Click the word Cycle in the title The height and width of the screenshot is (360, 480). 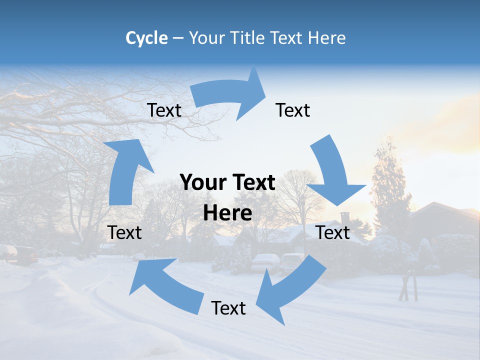tap(146, 38)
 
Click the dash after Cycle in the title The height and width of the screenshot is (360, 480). tap(177, 38)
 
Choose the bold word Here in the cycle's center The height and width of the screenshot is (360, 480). tap(227, 213)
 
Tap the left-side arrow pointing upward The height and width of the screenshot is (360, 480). tap(125, 170)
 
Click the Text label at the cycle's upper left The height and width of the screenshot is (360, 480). tap(164, 110)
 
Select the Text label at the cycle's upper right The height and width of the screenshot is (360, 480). tap(293, 110)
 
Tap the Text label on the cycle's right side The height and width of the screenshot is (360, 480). tap(333, 232)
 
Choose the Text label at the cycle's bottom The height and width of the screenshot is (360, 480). tap(228, 308)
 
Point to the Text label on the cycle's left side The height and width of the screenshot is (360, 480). tap(124, 232)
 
